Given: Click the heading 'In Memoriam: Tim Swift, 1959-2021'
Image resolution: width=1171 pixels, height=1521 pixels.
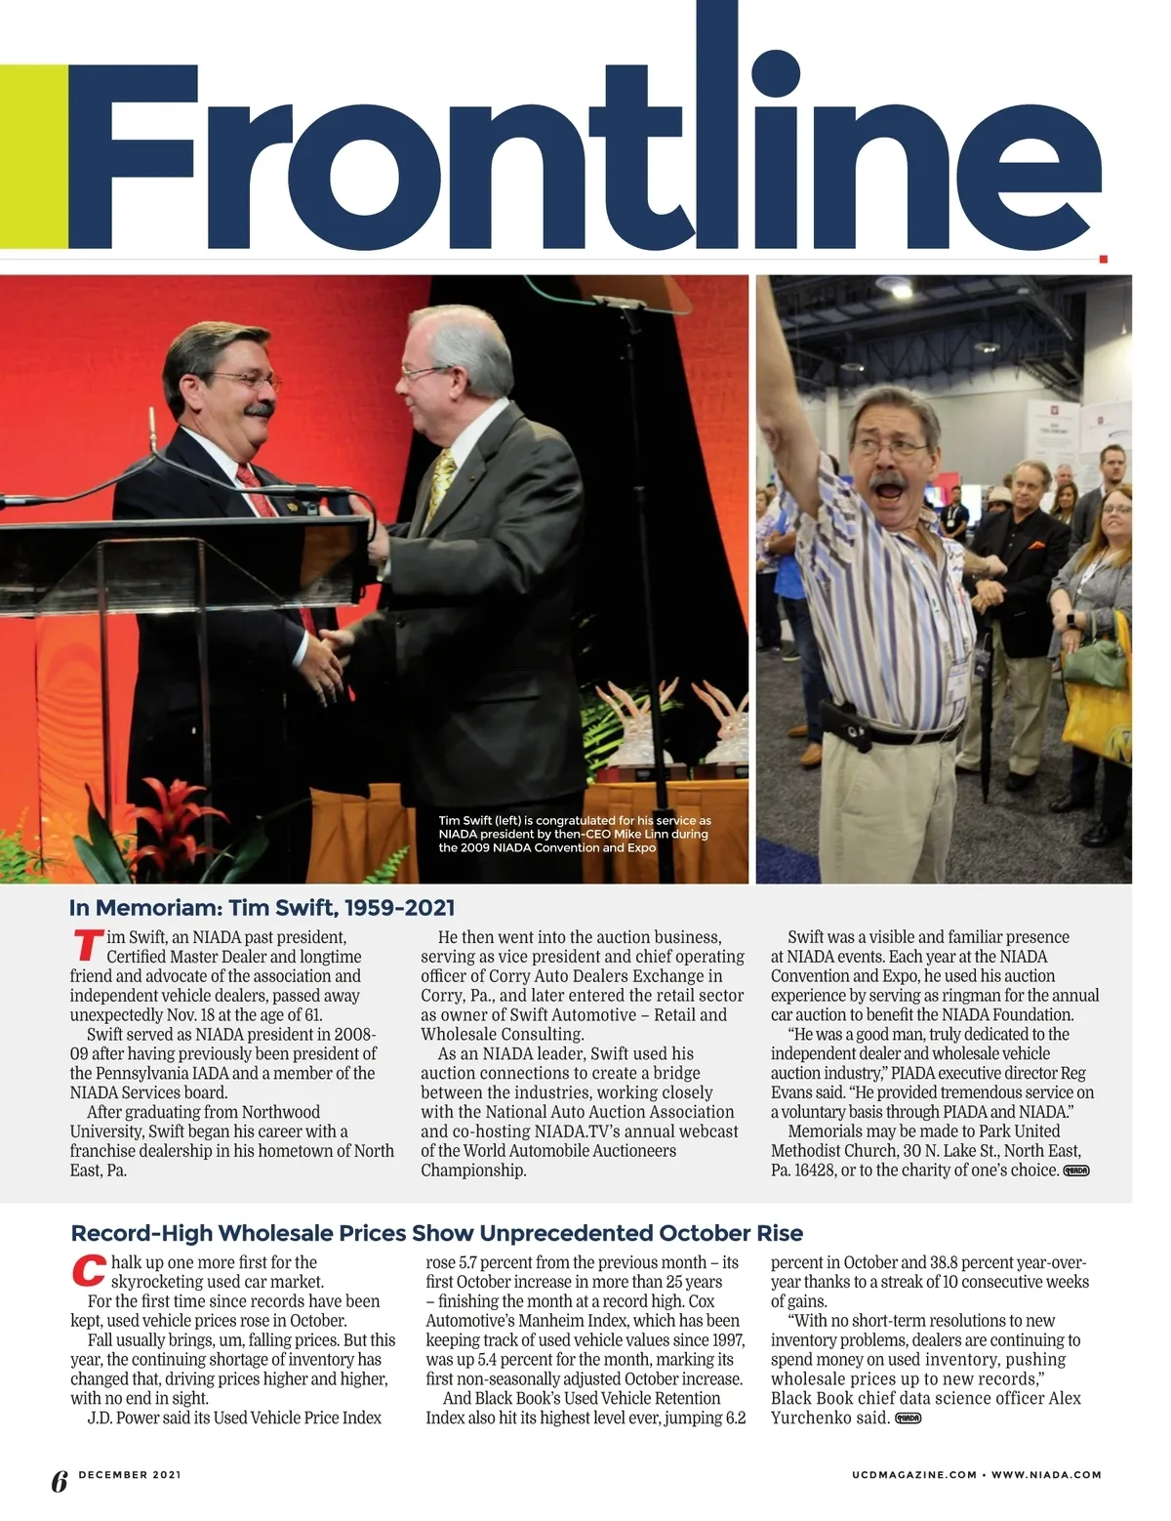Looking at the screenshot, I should click(x=262, y=908).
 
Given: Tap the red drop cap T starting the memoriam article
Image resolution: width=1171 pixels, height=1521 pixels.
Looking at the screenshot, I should click(x=87, y=946).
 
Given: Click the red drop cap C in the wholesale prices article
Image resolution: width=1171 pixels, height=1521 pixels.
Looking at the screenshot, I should click(x=88, y=1271).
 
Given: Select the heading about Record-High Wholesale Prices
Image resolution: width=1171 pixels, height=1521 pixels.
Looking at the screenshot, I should click(x=436, y=1233).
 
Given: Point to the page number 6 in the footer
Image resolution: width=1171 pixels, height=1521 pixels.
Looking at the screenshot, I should click(x=59, y=1481).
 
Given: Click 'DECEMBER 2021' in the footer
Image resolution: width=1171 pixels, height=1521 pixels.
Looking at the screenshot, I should click(x=130, y=1474).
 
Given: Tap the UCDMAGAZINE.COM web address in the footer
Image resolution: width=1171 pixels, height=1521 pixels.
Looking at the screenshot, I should click(x=913, y=1475).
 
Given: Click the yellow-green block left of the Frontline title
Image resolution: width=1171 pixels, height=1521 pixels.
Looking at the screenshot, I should click(x=33, y=156).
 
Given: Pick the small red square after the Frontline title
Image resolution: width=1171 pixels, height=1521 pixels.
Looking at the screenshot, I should click(x=1104, y=259).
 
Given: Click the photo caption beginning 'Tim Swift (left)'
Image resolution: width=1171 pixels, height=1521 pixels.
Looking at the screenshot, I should click(x=574, y=834).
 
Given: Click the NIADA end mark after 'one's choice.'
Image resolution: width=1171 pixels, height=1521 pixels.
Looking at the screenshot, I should click(x=1075, y=1171).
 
